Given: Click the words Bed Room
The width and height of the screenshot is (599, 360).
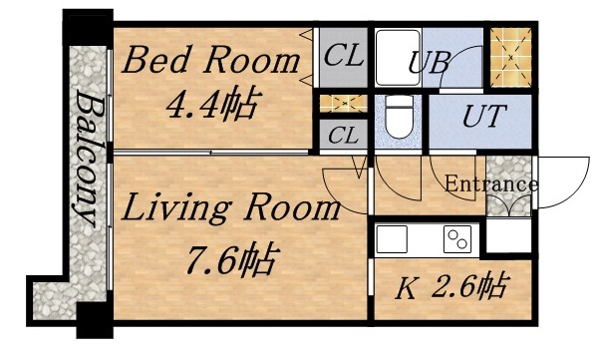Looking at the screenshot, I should coord(210,62).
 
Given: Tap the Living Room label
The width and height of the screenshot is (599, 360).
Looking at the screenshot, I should coord(231,210).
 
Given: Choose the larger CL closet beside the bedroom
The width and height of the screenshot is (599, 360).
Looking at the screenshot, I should coord(343,57).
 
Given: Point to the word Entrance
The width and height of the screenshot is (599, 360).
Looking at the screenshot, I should coord(490,184).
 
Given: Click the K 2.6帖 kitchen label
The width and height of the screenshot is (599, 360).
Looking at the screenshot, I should coord(449,288).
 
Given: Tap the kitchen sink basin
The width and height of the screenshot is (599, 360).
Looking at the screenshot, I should coord(393,240).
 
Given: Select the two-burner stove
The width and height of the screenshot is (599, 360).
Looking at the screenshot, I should coord(456,240).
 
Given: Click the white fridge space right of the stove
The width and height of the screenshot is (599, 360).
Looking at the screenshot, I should coord(508,239).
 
